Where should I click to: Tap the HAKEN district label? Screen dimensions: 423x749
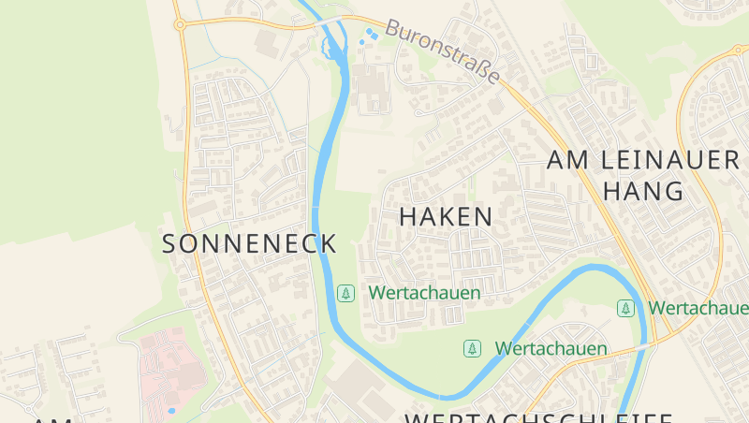point(446,216)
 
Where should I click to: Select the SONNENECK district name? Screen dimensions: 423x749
point(249,244)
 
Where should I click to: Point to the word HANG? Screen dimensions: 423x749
point(643,191)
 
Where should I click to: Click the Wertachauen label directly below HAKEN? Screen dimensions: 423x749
point(424,293)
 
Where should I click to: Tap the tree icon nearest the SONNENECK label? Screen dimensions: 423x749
point(346,293)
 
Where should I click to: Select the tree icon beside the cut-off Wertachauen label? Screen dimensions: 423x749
point(625,307)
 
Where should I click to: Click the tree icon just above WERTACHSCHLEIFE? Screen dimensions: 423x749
point(473,348)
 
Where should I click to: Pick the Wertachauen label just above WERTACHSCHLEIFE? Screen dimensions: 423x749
point(551,348)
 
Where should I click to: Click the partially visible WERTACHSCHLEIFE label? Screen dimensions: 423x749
point(538,416)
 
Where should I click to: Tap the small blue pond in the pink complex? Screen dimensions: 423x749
point(170,410)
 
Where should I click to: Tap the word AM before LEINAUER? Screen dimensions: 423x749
point(567,160)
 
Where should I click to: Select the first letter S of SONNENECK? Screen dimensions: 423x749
point(170,244)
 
